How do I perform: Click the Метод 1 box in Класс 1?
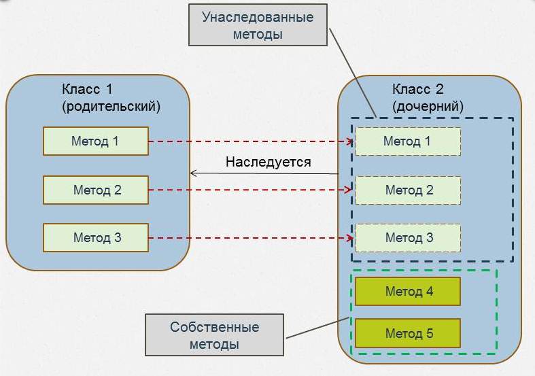[95, 141]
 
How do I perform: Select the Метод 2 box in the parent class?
[95, 190]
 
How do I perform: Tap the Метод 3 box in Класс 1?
[95, 238]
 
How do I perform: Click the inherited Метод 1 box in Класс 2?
[408, 141]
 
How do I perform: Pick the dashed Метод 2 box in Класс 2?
[408, 190]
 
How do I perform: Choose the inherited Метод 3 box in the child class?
[408, 238]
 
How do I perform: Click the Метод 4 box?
[408, 292]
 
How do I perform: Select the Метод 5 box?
[408, 334]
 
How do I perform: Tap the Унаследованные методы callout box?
[258, 26]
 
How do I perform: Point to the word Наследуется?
[268, 162]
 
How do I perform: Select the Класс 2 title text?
[417, 90]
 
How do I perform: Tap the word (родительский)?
[110, 106]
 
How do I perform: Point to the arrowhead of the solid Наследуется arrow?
[194, 173]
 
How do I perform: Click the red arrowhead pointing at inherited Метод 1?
[351, 141]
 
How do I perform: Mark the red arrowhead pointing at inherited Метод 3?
[351, 238]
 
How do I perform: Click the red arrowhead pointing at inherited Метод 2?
[351, 190]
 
